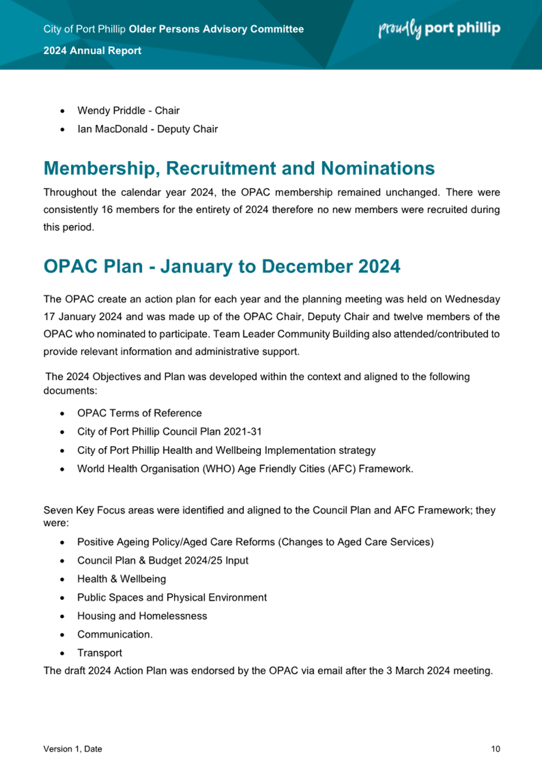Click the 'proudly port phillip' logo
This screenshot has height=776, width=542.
click(439, 28)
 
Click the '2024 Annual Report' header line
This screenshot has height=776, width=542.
click(92, 50)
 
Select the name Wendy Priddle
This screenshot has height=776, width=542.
click(111, 111)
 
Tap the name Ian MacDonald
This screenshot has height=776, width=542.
click(112, 129)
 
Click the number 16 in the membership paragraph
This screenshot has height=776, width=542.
click(107, 210)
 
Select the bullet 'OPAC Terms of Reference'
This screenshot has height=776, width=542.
click(139, 413)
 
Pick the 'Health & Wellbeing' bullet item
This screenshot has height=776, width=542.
click(121, 579)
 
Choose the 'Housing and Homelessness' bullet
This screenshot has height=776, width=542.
click(142, 616)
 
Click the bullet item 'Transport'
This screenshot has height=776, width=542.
click(100, 653)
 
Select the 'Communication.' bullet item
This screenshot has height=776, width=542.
click(115, 634)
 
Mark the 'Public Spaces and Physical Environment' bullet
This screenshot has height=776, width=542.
click(172, 597)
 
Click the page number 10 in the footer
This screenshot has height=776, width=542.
click(496, 749)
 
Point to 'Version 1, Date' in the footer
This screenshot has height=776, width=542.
click(73, 749)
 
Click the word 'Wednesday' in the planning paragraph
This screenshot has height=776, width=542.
click(472, 299)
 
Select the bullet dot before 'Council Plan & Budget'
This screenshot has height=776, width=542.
click(62, 561)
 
